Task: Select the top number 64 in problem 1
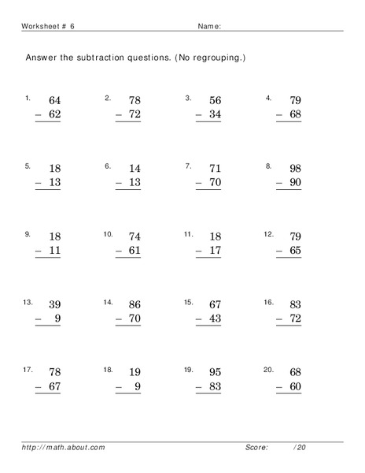click(54, 101)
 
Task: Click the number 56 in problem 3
click(215, 101)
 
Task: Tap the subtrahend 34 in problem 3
click(215, 116)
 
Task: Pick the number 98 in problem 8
click(295, 169)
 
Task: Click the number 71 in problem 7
click(215, 169)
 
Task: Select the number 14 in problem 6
click(135, 169)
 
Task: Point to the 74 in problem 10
click(135, 236)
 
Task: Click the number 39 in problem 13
click(54, 304)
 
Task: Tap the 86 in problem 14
click(135, 304)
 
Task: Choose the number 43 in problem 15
click(215, 319)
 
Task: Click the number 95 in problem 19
click(215, 372)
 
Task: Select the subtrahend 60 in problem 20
click(295, 387)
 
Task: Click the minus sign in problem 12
click(278, 251)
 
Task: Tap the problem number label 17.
click(28, 368)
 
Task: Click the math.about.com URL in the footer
click(64, 448)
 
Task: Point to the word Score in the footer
click(256, 448)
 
